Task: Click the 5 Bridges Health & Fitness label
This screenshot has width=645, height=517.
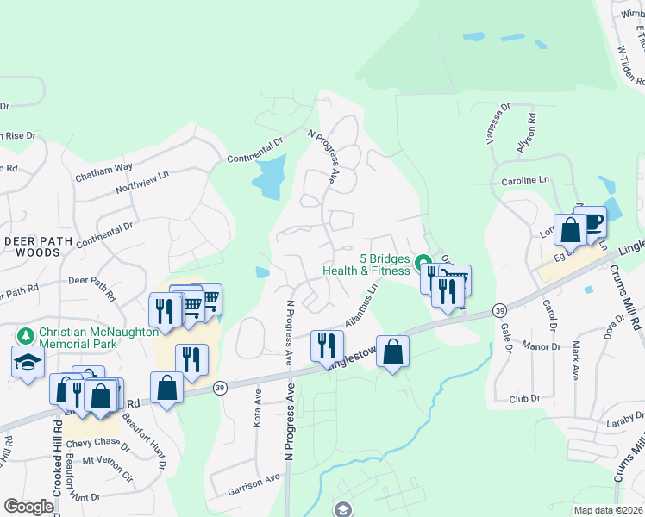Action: (366, 264)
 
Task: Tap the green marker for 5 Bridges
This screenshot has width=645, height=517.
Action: (423, 262)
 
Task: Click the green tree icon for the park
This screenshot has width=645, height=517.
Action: (24, 334)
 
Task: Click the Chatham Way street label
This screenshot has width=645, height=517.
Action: (103, 171)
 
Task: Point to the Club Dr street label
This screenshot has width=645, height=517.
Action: (523, 399)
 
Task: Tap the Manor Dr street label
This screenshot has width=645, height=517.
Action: (542, 346)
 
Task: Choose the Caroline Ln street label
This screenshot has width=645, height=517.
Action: (525, 181)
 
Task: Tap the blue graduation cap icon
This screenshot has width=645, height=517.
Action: (28, 362)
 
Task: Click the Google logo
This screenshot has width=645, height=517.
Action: (28, 507)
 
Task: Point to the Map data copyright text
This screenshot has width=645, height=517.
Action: (608, 510)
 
